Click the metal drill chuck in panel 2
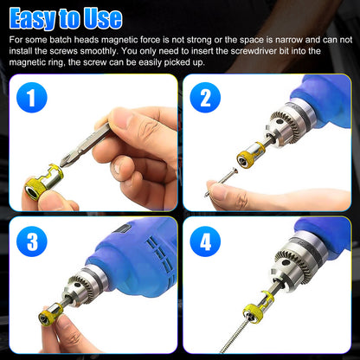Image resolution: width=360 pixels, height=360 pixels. (294, 134)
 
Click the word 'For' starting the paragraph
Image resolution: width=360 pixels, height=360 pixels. (16, 41)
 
